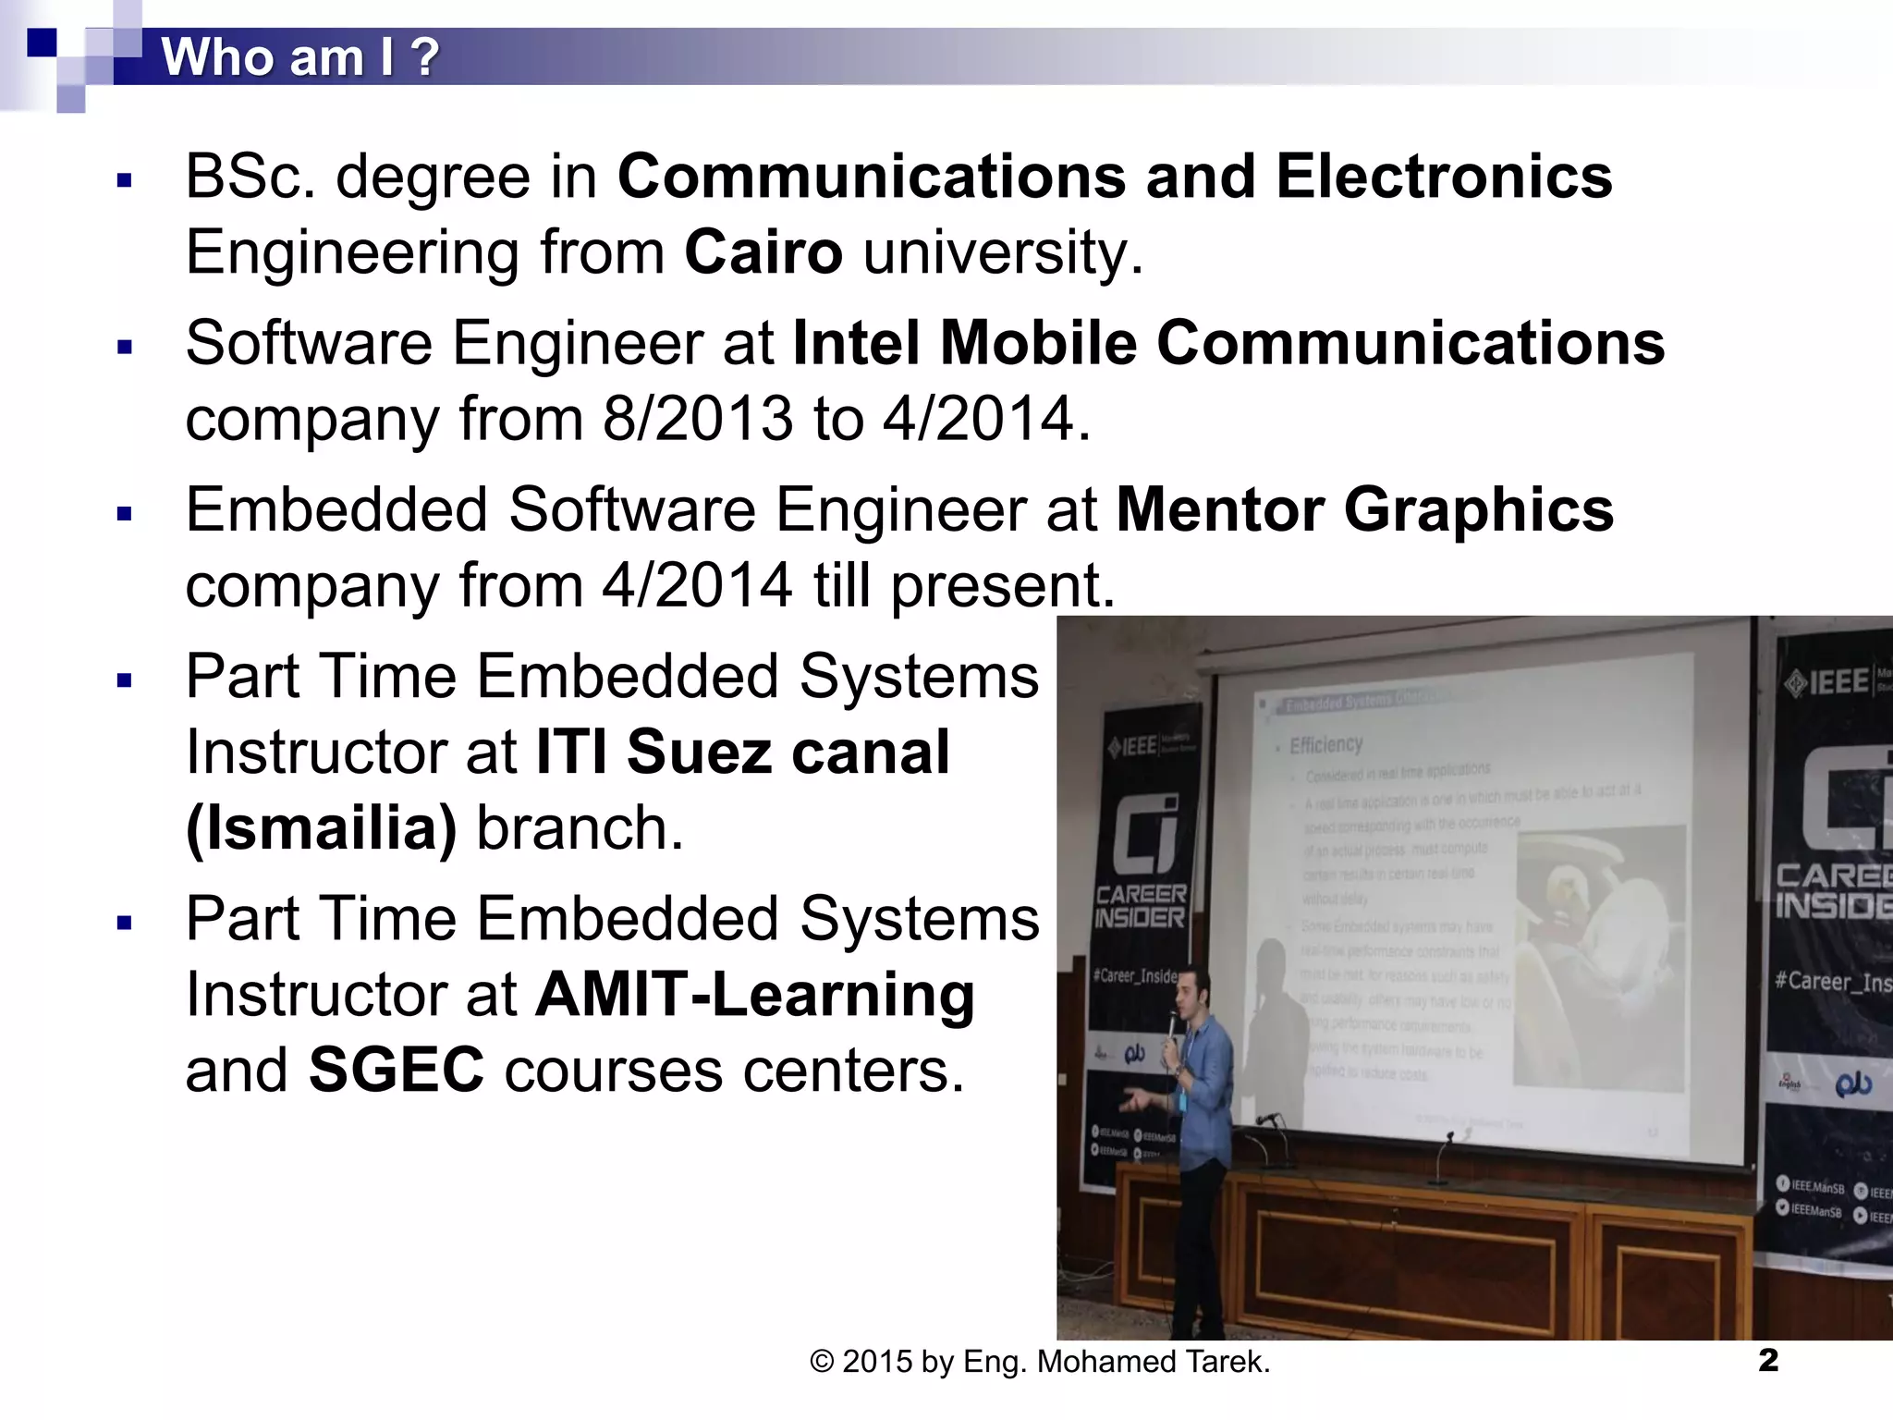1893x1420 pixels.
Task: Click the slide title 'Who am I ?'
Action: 299,57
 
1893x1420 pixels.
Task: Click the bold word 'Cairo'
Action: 763,251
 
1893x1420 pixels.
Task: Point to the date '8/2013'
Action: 698,419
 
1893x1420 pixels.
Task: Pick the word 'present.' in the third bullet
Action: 1003,585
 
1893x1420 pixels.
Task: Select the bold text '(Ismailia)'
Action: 321,827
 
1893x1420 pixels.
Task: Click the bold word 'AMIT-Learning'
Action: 755,995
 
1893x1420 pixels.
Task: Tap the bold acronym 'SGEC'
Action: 396,1071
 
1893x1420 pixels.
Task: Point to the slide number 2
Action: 1767,1360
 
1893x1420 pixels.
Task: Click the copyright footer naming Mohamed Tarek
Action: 1040,1362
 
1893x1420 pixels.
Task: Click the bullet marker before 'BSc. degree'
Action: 125,180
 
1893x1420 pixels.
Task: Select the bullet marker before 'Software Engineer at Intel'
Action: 125,348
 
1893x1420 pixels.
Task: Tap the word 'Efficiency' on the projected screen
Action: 1325,744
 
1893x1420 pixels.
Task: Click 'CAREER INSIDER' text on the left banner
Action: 1140,906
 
